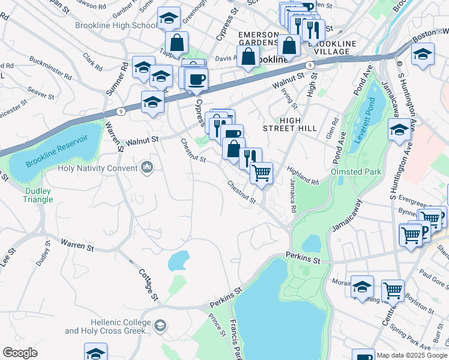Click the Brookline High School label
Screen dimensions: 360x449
116,25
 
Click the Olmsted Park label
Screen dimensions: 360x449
355,172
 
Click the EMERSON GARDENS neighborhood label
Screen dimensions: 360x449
259,39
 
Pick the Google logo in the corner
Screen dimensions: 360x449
20,353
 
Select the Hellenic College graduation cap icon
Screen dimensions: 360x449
160,326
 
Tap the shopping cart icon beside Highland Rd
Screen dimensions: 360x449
261,173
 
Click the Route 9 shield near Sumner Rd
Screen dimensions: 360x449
121,112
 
